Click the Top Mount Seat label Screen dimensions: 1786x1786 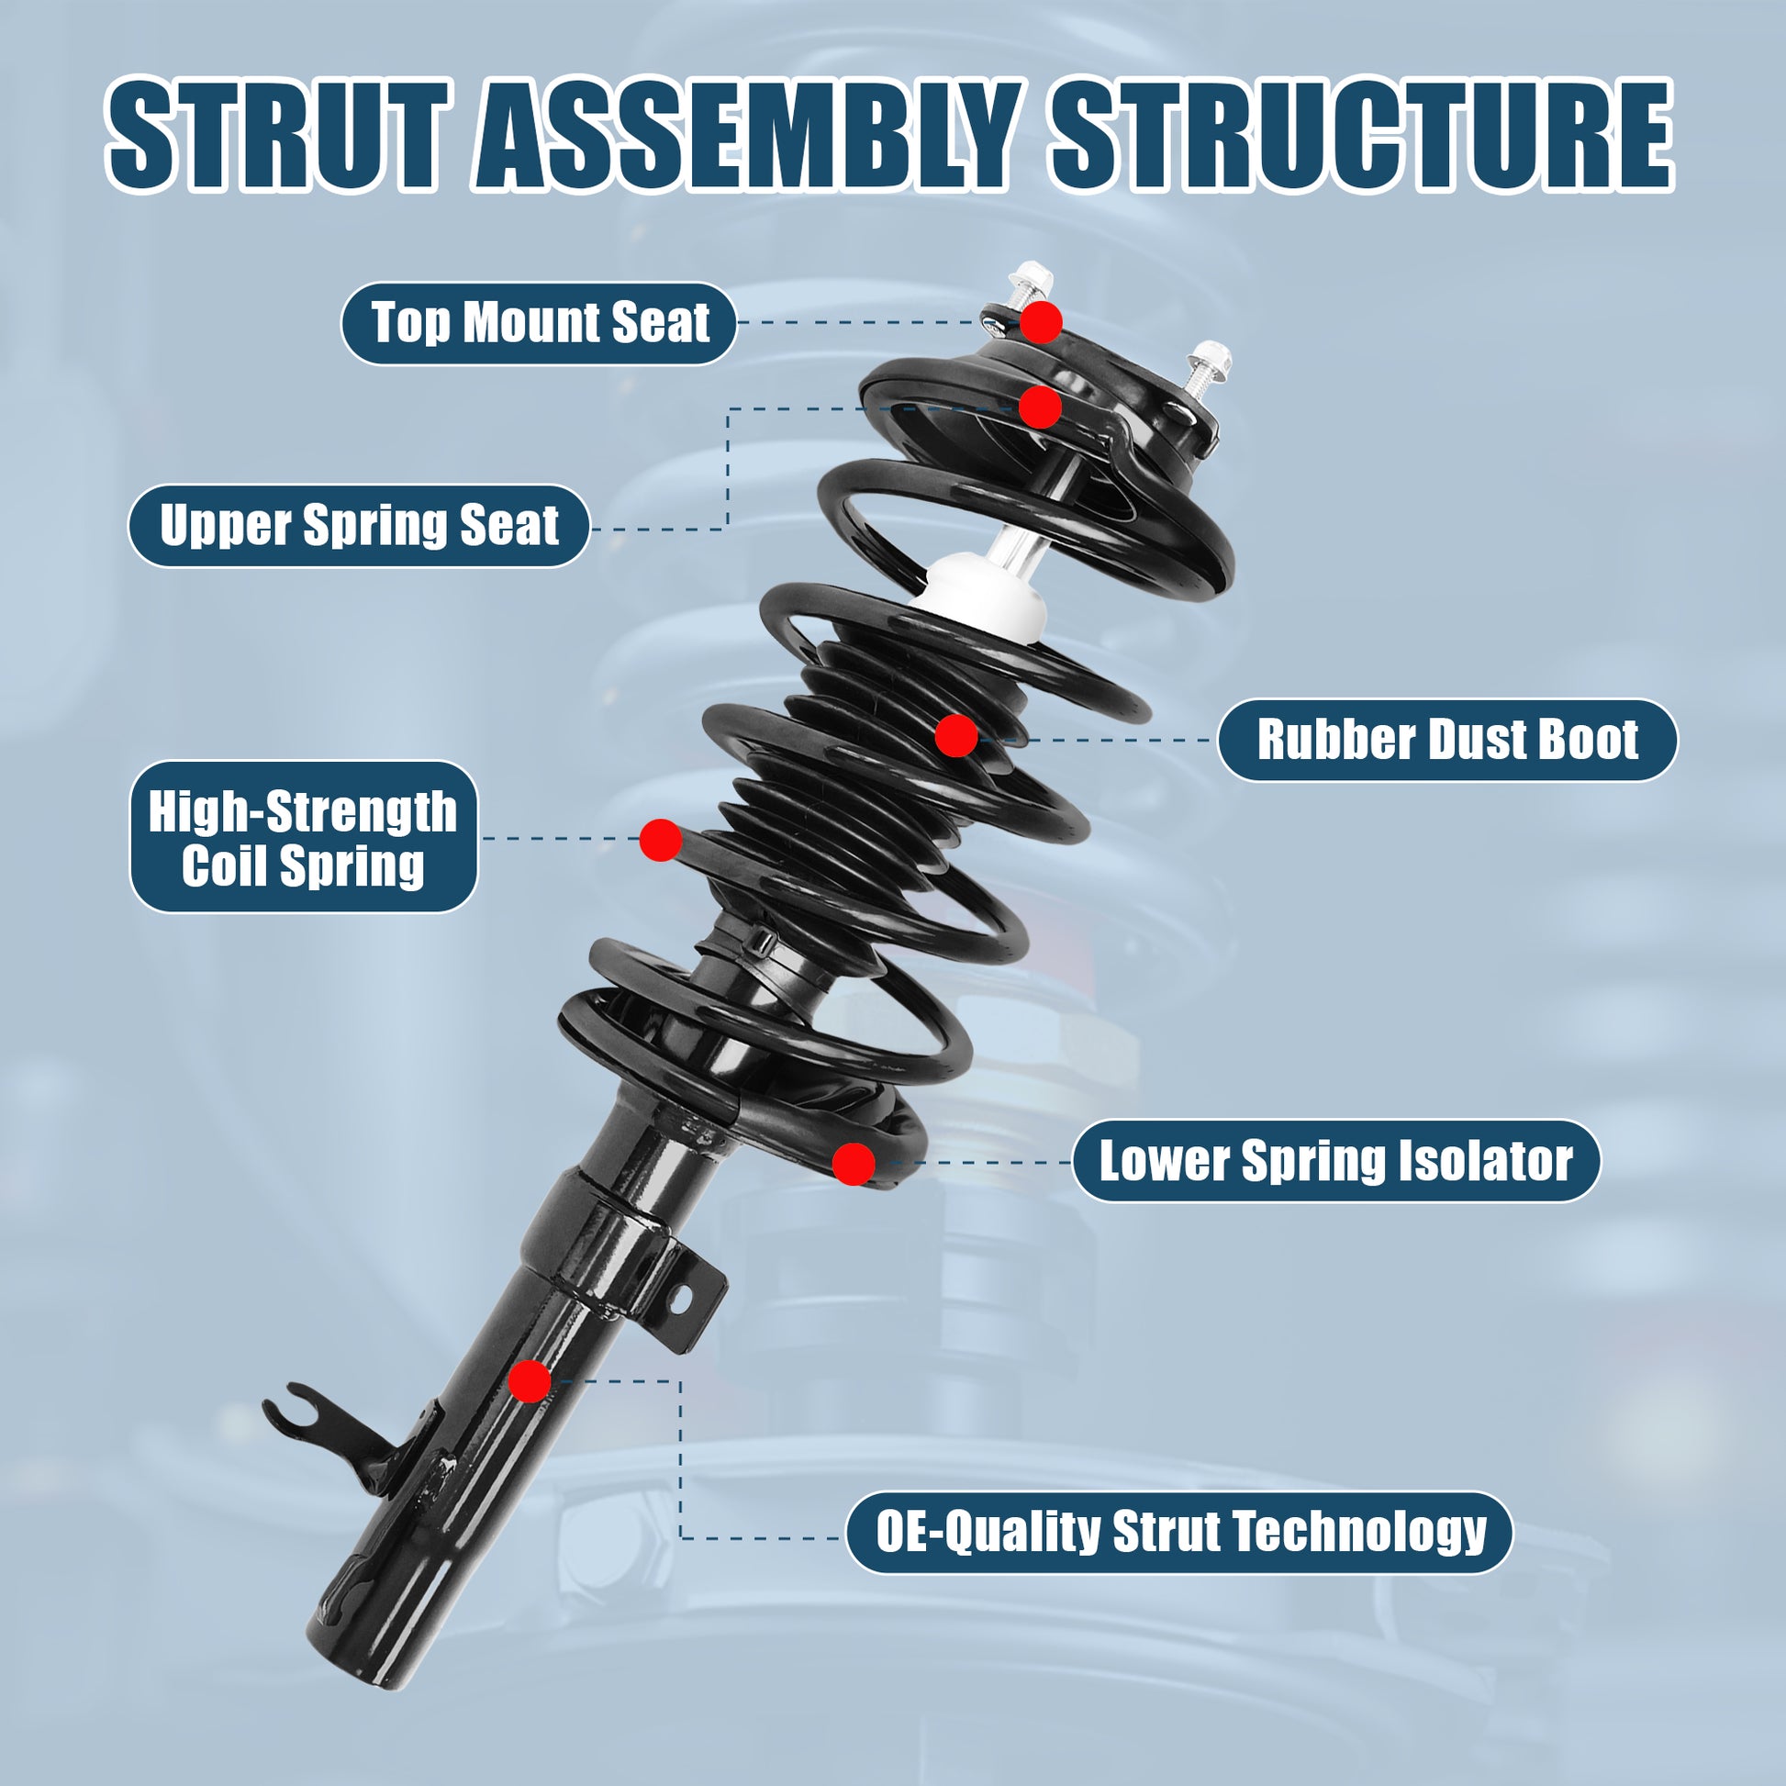[x=539, y=324]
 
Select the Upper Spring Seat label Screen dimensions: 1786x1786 [x=359, y=526]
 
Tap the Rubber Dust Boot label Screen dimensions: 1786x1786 [x=1446, y=741]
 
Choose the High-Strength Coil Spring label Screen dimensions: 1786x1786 [x=303, y=838]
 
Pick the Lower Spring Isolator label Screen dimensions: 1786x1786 [x=1335, y=1161]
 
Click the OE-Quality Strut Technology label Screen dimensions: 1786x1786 [x=1180, y=1533]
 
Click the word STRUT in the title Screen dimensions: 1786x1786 [x=278, y=135]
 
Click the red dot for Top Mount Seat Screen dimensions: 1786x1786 [x=1041, y=322]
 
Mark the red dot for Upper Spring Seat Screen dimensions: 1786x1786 [x=1040, y=407]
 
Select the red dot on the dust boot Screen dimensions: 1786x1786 [x=955, y=736]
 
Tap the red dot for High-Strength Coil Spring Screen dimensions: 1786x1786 [x=660, y=841]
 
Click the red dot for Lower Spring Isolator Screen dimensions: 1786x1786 [x=854, y=1164]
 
